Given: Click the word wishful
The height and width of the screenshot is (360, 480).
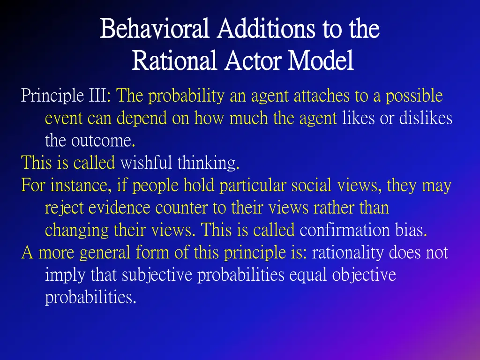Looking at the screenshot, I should [146, 163].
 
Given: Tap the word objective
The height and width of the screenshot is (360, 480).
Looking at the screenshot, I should [364, 275].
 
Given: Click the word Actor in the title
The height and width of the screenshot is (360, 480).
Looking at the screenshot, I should [253, 61].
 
